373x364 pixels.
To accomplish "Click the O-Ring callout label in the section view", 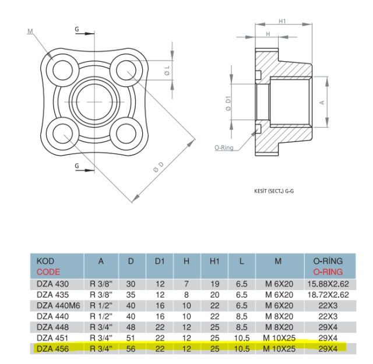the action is (224, 148).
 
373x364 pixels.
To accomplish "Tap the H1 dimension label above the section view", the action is (282, 21).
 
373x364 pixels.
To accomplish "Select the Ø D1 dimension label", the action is (228, 104).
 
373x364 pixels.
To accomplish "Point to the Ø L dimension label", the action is (167, 70).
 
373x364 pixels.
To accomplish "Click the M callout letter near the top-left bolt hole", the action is (30, 31).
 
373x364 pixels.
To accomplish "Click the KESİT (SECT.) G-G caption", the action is (274, 191).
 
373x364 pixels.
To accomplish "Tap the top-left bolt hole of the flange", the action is (63, 70).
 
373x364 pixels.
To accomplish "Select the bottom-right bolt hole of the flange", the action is (126, 133).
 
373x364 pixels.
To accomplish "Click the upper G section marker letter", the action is (77, 29).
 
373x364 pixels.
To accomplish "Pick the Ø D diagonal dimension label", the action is (159, 167).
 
